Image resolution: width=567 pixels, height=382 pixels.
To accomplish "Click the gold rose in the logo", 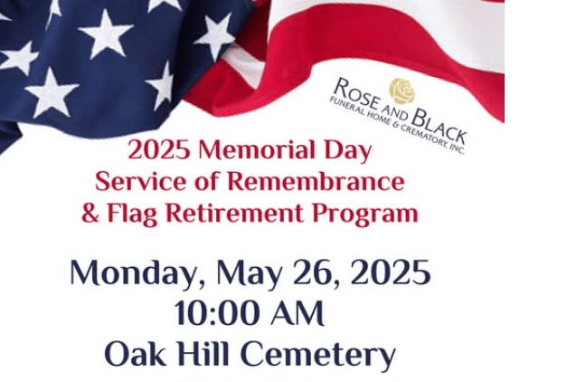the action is pos(402,91).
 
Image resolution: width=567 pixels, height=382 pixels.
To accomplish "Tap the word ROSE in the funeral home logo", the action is pos(356,93).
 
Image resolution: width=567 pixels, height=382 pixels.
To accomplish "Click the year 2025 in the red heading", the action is pos(159,150).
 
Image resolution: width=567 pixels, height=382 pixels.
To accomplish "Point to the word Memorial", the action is pos(257,149).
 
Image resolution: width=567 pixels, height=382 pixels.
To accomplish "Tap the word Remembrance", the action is pos(317,181).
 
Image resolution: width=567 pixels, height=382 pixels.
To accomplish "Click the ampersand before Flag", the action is pos(90,214).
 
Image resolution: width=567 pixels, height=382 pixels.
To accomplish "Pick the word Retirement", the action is pos(234,213).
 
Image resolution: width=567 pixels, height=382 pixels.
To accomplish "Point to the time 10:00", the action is pos(219,312).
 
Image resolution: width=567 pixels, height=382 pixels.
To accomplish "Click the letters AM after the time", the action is pos(298,313).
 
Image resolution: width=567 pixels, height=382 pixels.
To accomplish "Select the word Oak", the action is pos(136,353).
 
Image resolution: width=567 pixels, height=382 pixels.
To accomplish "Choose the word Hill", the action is pos(203,353).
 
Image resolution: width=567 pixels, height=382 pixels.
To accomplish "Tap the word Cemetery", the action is pos(317,356).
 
